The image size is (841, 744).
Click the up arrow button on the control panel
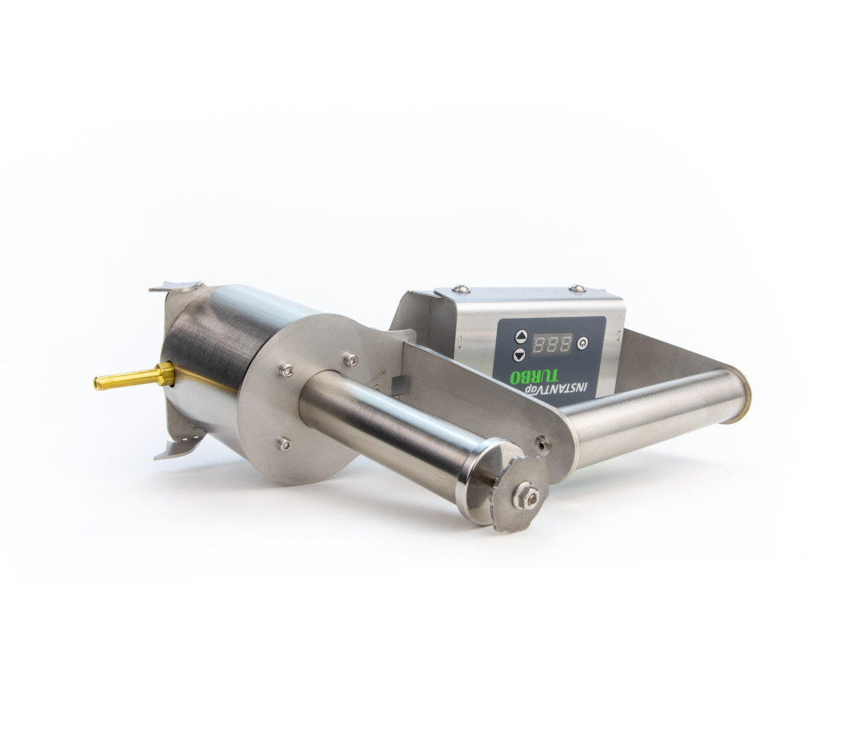pyautogui.click(x=521, y=337)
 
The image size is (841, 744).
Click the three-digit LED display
pyautogui.click(x=552, y=343)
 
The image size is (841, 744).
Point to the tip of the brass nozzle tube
pyautogui.click(x=97, y=383)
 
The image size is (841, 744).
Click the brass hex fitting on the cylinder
pyautogui.click(x=165, y=374)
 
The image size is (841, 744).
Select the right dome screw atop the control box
pyautogui.click(x=577, y=288)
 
